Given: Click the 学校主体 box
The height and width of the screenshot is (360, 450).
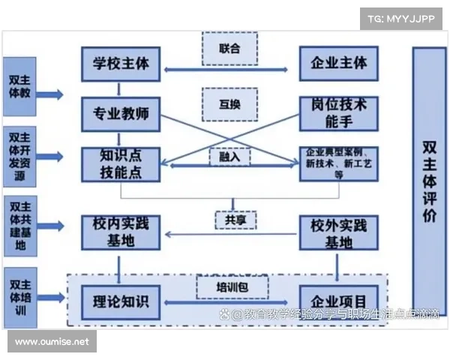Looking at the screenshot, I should pyautogui.click(x=121, y=64).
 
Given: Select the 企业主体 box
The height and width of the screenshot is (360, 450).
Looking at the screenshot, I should pyautogui.click(x=339, y=64).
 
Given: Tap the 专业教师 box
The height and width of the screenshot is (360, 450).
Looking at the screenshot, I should pyautogui.click(x=121, y=114).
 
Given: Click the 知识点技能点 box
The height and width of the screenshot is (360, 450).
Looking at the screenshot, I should pyautogui.click(x=121, y=164).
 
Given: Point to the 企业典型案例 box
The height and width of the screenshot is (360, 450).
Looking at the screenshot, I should pyautogui.click(x=339, y=163).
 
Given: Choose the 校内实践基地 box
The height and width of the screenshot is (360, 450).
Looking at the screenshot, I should pyautogui.click(x=121, y=232).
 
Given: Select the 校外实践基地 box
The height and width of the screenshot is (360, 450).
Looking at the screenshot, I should pyautogui.click(x=339, y=232).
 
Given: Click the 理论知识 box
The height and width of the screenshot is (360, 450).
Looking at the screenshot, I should pyautogui.click(x=121, y=301).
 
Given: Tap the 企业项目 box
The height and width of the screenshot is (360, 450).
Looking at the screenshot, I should pyautogui.click(x=339, y=301).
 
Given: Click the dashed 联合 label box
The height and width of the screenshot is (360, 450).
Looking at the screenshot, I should pyautogui.click(x=230, y=49).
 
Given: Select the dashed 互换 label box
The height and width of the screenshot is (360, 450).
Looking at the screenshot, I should pyautogui.click(x=230, y=104).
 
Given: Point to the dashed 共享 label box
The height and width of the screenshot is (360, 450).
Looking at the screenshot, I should pyautogui.click(x=230, y=220).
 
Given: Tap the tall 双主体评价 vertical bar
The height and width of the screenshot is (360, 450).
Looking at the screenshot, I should pyautogui.click(x=428, y=181).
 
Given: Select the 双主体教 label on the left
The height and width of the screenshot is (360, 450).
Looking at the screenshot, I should pyautogui.click(x=19, y=88).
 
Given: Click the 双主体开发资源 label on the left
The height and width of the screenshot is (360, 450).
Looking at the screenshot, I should pyautogui.click(x=19, y=155).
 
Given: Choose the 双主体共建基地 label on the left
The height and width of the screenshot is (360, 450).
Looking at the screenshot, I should pyautogui.click(x=19, y=226).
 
